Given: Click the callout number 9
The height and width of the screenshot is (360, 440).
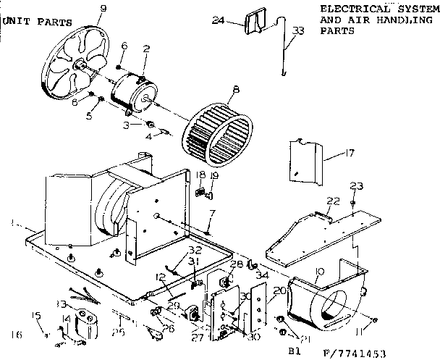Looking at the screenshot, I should [x=102, y=9].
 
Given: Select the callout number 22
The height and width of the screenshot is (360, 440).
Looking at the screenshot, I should [x=332, y=201].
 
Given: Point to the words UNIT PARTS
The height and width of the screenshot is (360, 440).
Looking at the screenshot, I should [x=38, y=22].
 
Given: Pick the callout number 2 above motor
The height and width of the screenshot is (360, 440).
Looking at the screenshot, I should [x=146, y=49].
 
